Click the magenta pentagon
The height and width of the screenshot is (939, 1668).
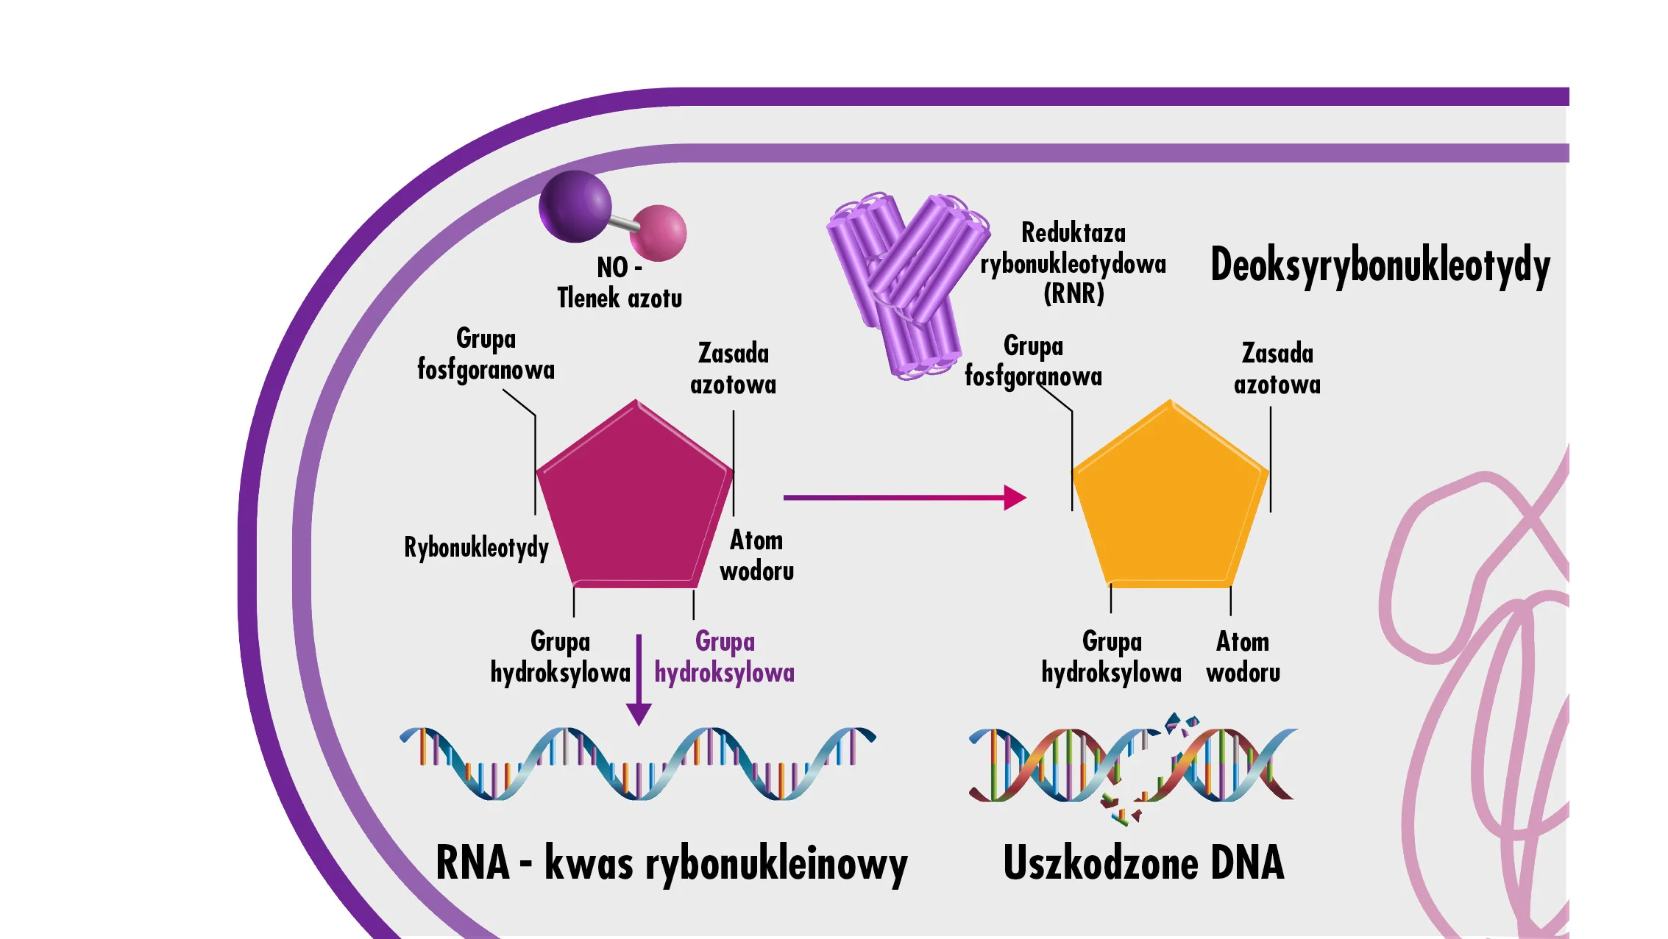pos(634,500)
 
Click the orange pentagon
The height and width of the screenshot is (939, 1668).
pos(1170,500)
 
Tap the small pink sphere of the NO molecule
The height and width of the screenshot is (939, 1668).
pos(659,232)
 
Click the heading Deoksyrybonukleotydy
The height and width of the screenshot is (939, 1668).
pos(1380,265)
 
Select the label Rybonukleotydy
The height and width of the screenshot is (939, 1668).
pos(476,548)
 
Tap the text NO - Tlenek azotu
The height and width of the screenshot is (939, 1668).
pos(620,283)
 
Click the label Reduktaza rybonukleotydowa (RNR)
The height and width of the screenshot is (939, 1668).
pos(1073,263)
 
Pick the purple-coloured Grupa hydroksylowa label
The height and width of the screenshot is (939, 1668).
pos(725,657)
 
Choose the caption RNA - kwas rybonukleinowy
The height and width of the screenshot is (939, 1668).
pos(671,864)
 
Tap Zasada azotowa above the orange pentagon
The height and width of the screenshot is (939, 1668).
pos(1277,369)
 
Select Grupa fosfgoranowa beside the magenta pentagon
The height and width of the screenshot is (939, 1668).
pos(486,354)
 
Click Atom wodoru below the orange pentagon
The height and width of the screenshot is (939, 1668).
pos(1243,657)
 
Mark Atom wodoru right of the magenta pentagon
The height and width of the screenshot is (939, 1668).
pos(756,556)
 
